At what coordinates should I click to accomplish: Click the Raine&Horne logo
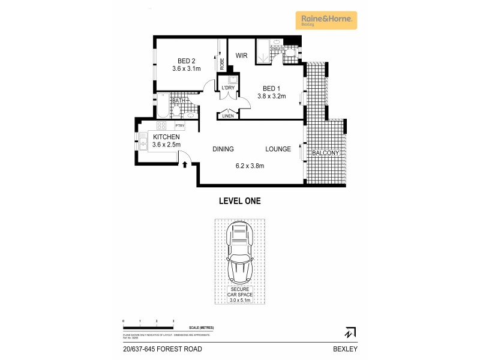326,20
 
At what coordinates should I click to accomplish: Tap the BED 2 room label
186,61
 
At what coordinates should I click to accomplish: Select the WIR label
241,55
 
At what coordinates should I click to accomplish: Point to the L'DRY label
228,88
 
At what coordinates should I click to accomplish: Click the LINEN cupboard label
227,116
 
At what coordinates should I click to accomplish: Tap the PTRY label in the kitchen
179,126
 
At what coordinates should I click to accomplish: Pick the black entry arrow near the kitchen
185,163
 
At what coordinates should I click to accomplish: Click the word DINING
223,149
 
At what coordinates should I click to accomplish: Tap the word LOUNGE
278,149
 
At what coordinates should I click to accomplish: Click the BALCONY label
326,154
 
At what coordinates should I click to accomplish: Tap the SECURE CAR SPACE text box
239,294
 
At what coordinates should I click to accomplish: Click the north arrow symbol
349,332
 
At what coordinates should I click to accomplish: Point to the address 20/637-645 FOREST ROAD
162,349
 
